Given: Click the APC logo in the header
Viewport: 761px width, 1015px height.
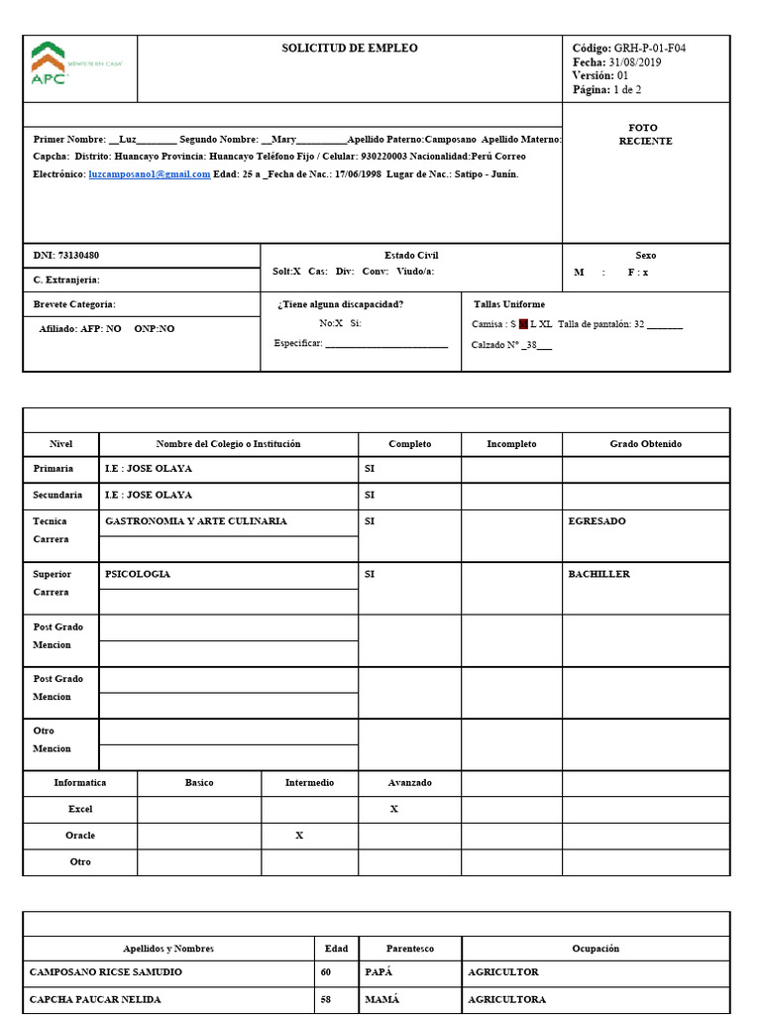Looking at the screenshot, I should coord(50,64).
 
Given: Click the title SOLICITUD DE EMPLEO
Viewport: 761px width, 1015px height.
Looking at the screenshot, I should coord(349,48).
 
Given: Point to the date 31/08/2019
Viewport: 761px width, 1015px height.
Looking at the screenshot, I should coord(638,61).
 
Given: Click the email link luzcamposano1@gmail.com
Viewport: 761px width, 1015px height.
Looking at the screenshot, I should coord(149,173).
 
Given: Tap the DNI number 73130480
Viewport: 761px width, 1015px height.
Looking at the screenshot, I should coord(78,255).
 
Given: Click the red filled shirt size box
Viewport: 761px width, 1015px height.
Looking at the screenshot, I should coord(523,324).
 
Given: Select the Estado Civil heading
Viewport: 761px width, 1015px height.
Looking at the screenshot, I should coord(411,255).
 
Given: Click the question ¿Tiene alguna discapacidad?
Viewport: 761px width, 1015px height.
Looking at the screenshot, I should coord(340,304).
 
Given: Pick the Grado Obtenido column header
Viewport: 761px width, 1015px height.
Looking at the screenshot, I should coord(645,444).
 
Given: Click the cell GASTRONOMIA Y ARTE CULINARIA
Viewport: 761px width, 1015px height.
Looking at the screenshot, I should coord(196,520).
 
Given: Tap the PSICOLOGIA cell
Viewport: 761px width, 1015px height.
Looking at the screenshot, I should coord(138,574).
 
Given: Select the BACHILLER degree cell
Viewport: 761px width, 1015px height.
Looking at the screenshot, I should coord(598,574).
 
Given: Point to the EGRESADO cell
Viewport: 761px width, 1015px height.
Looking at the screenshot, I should coord(597,520).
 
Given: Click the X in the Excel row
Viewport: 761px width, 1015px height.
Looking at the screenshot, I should coord(393,809).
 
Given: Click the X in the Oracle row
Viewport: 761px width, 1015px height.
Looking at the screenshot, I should coord(299,836).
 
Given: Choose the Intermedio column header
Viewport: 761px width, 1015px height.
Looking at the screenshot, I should coord(309,782).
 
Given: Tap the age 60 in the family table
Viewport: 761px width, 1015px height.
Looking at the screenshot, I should coord(326,972).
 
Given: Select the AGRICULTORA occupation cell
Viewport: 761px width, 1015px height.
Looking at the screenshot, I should coord(506,999).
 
